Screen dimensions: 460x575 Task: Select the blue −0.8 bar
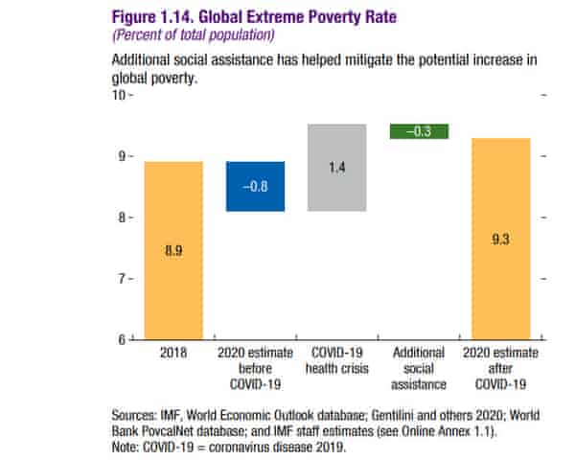255,186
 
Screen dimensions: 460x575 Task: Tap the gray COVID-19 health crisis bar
336,168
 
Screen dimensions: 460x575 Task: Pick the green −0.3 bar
419,131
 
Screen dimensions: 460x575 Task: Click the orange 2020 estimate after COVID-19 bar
500,239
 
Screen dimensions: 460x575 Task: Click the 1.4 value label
337,168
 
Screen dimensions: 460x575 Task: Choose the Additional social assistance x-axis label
419,368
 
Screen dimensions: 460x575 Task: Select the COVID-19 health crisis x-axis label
336,360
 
